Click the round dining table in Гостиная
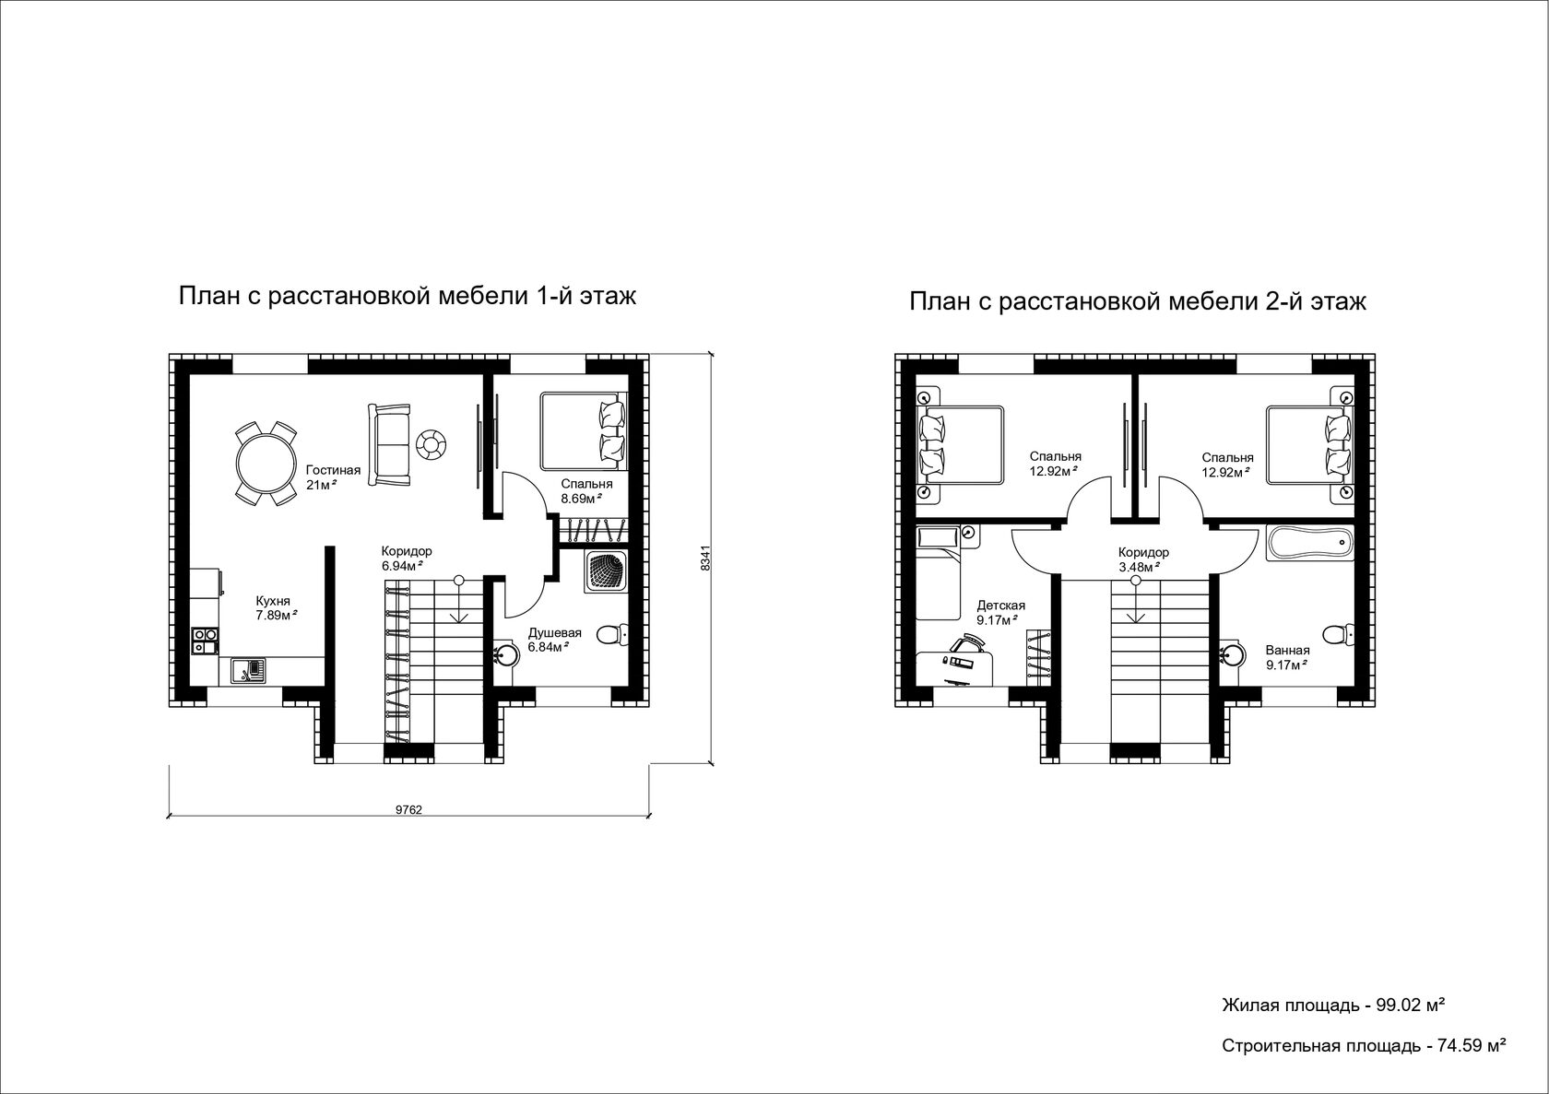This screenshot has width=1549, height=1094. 266,463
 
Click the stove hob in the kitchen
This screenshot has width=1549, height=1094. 205,641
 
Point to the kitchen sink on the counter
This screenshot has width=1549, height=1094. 248,670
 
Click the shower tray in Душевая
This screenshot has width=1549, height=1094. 607,571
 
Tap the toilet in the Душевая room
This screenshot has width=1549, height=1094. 611,634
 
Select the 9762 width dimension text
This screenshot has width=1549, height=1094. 408,810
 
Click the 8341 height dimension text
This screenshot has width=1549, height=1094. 705,558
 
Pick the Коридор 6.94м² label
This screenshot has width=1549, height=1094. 407,559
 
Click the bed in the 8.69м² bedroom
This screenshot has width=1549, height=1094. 584,431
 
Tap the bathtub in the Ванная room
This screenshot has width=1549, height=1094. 1309,543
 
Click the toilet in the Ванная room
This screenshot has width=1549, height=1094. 1337,634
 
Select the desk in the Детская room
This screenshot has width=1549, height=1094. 955,667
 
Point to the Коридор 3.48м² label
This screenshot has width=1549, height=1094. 1143,559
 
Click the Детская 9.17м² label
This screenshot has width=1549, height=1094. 1000,613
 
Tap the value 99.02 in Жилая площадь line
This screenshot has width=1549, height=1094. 1398,1005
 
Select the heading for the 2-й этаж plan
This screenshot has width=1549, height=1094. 1138,302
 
